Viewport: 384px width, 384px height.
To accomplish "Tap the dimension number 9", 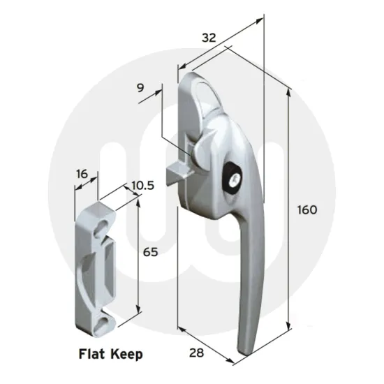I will (x=141, y=88).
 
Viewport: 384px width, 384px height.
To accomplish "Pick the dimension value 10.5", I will (x=142, y=186).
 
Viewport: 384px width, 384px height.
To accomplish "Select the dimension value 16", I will (x=82, y=174).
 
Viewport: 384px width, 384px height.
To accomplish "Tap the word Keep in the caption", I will (x=126, y=354).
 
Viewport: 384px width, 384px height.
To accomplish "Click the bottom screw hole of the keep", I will (x=101, y=322).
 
